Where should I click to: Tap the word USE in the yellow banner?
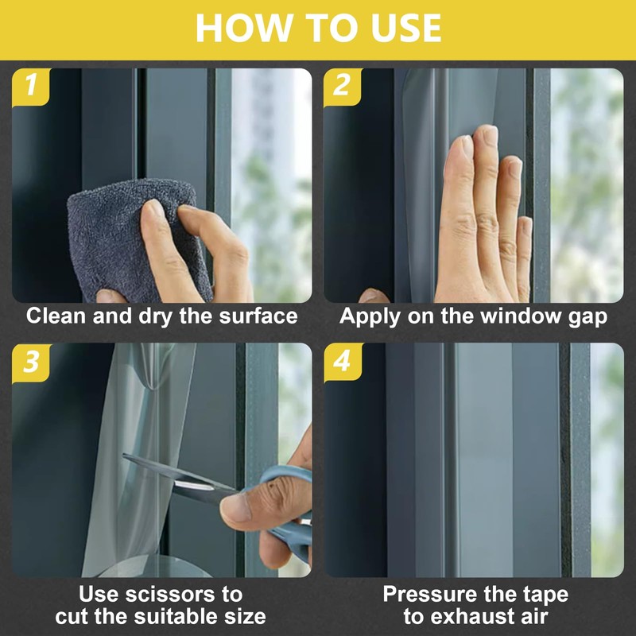pos(406,28)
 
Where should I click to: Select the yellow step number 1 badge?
pos(31,87)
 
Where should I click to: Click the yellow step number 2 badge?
pos(343,87)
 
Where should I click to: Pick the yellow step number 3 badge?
pos(32,363)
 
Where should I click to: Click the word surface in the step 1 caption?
pos(258,316)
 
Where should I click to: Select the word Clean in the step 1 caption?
pos(56,316)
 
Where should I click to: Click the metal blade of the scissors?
pos(178,479)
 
